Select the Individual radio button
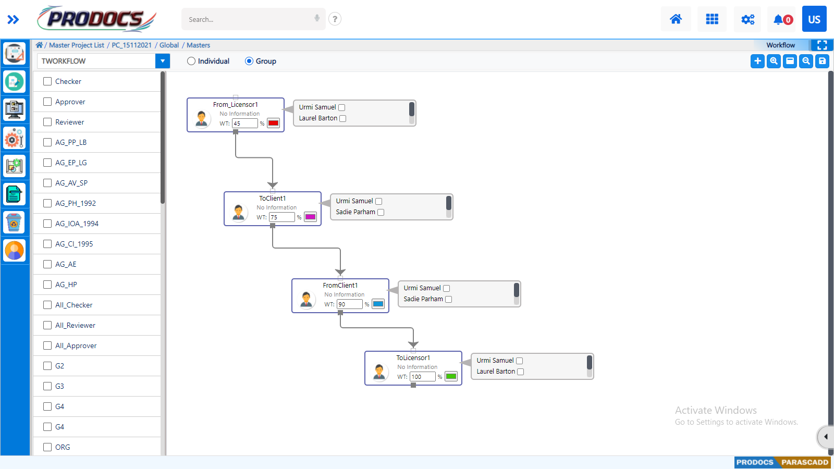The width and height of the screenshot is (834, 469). click(x=191, y=61)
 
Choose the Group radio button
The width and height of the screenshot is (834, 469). click(x=249, y=61)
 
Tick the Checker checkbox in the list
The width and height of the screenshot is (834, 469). click(x=47, y=81)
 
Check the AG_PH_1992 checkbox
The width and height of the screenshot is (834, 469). click(x=47, y=203)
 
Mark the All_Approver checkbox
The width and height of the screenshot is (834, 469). click(x=47, y=345)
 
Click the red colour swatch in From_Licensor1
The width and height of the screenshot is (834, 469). click(x=273, y=124)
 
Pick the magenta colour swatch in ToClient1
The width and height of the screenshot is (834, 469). click(x=310, y=217)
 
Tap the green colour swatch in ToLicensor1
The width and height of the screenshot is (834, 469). click(x=451, y=377)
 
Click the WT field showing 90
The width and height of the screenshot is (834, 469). click(x=349, y=304)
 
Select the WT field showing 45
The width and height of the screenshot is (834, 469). click(x=244, y=124)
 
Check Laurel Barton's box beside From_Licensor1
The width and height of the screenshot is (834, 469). click(x=343, y=118)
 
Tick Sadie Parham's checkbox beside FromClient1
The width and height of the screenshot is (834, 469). click(x=449, y=299)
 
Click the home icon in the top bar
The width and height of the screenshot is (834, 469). click(x=676, y=19)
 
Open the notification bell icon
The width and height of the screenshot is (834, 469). click(x=779, y=19)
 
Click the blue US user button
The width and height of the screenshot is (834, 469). click(x=814, y=19)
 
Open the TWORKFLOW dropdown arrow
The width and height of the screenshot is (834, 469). click(x=163, y=61)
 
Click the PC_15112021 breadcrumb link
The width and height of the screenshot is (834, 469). click(x=131, y=45)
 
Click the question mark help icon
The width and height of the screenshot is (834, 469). click(x=335, y=19)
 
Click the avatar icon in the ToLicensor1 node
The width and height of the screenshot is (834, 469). click(x=379, y=372)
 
